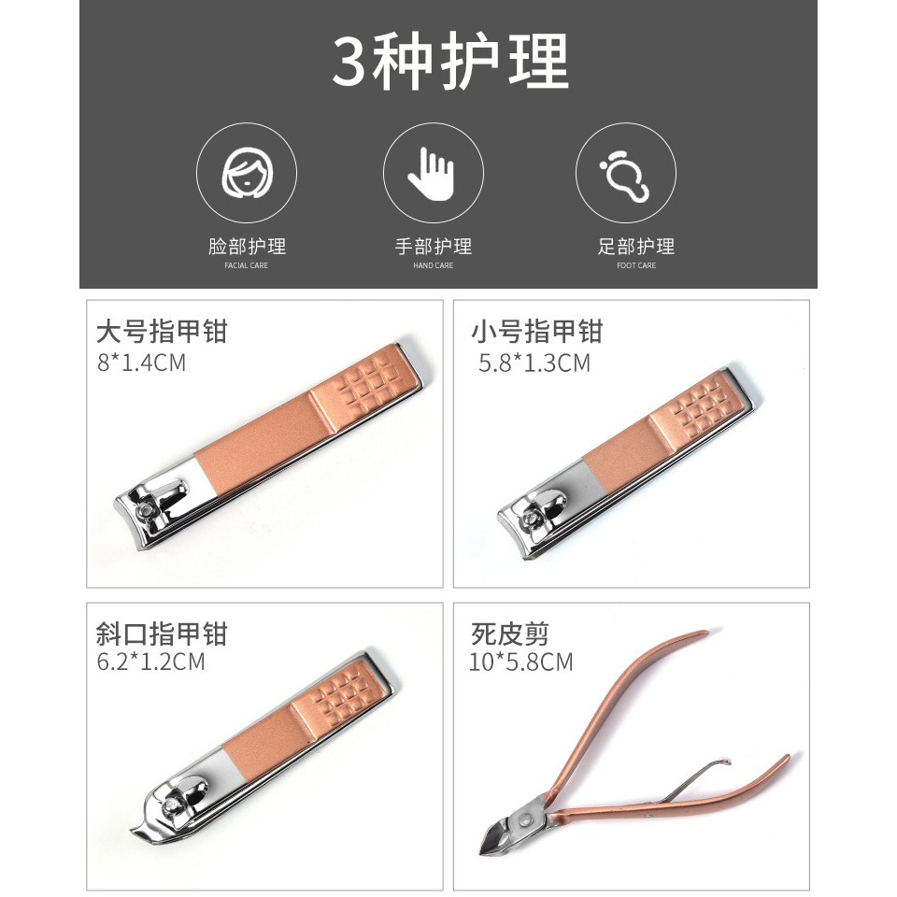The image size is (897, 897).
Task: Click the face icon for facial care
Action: pyautogui.click(x=247, y=173)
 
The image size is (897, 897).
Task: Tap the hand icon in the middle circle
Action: pyautogui.click(x=432, y=174)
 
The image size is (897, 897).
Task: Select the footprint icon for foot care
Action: pyautogui.click(x=625, y=175)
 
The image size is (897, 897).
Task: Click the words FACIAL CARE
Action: pyautogui.click(x=246, y=265)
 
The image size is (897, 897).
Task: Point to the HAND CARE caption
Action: pyautogui.click(x=433, y=265)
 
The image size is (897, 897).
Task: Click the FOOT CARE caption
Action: pyautogui.click(x=636, y=265)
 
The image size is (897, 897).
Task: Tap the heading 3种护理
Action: pyautogui.click(x=450, y=62)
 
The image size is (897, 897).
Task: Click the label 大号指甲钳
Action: pyautogui.click(x=162, y=331)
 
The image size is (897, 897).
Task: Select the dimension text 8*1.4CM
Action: pyautogui.click(x=141, y=363)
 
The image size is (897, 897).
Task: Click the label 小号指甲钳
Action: pyautogui.click(x=537, y=331)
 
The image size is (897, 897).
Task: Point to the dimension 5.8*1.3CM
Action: pyautogui.click(x=534, y=363)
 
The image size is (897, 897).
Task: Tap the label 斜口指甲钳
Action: pyautogui.click(x=162, y=634)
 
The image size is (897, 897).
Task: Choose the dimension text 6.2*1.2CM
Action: pyautogui.click(x=150, y=662)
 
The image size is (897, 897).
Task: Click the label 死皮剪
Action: pyautogui.click(x=510, y=634)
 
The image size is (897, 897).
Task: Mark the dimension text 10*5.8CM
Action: pyautogui.click(x=520, y=662)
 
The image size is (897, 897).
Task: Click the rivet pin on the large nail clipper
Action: pyautogui.click(x=147, y=509)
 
